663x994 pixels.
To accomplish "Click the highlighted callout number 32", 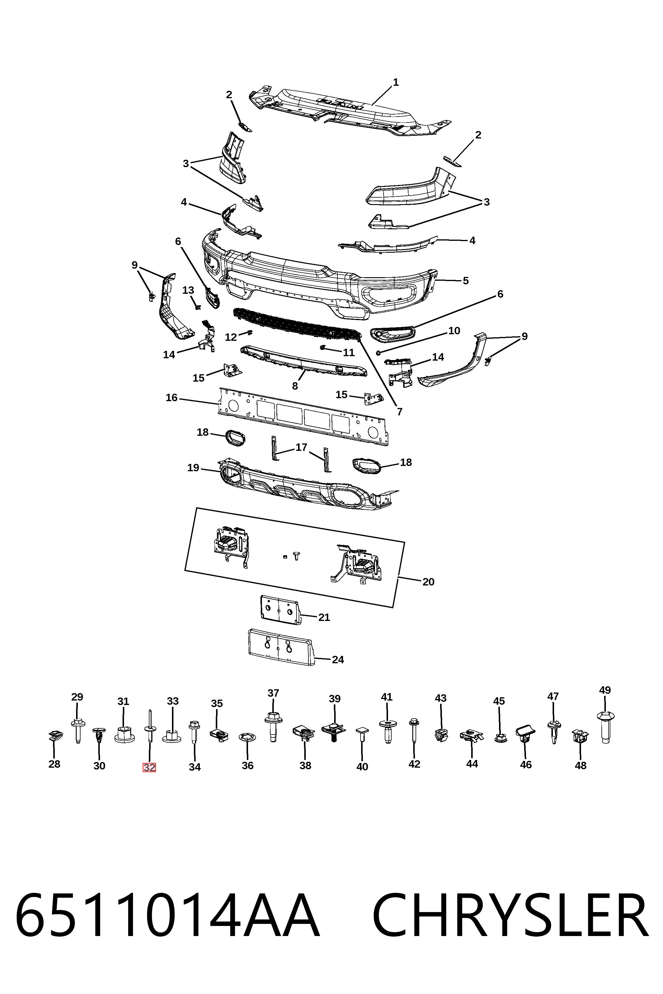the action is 149,767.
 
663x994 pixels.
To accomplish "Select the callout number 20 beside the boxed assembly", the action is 428,582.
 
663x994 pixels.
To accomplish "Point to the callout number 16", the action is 172,398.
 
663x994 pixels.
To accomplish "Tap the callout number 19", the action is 193,468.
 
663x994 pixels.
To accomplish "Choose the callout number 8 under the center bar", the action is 295,386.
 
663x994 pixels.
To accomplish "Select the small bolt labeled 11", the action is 323,347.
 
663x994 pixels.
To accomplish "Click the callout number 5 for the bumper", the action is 466,281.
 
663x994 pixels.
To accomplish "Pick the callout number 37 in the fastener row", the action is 273,693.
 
